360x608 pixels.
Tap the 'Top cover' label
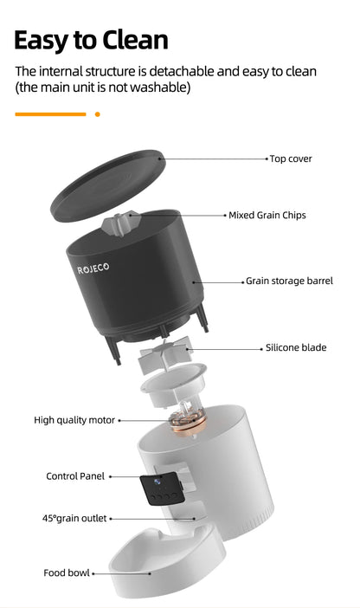pos(291,158)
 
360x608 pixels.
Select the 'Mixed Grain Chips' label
pos(267,215)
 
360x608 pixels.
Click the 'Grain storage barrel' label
pos(289,281)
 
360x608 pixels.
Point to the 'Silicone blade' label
pos(296,347)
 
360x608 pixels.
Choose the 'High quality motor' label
pos(74,420)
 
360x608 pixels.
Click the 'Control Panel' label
pos(75,476)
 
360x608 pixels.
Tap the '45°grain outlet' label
pos(74,518)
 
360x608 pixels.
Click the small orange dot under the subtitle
pos(97,113)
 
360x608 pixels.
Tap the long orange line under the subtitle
pos(50,113)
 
